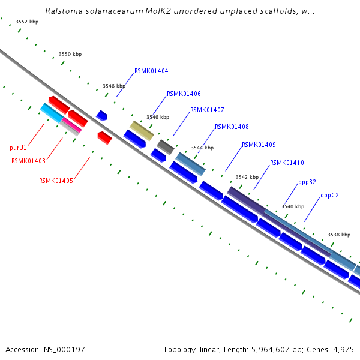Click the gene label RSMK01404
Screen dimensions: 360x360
(151, 71)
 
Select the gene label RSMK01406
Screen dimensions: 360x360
(184, 94)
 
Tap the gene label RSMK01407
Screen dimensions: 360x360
(207, 110)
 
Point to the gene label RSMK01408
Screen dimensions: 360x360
(232, 127)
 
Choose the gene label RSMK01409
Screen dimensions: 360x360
(259, 145)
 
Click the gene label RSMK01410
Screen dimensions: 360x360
(287, 163)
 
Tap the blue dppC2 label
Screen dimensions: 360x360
(329, 195)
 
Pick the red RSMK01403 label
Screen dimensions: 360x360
(28, 161)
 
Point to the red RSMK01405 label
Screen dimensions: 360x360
(56, 181)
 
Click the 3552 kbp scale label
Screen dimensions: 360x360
(27, 22)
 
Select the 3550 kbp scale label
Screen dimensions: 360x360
(70, 54)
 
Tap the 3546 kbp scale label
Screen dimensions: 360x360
(158, 117)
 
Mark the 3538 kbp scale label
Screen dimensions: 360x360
(338, 235)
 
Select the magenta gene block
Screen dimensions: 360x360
(71, 124)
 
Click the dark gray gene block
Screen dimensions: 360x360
(165, 146)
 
